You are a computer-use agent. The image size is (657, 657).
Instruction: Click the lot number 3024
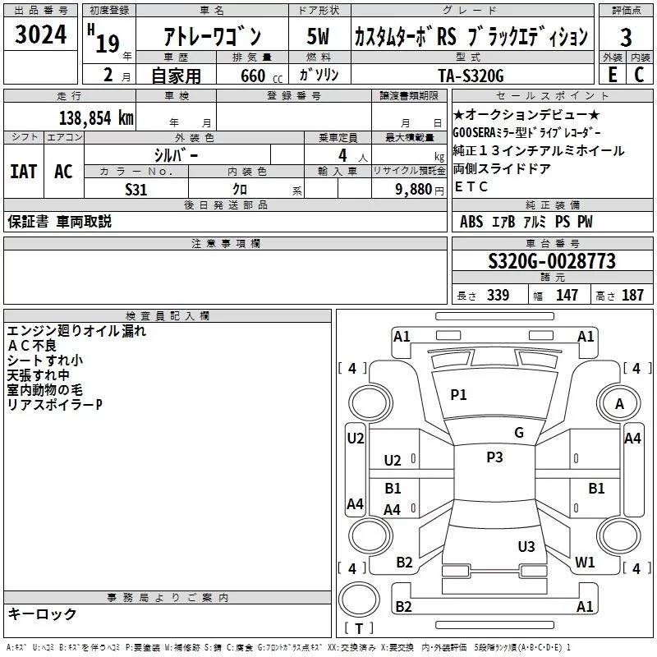(x=40, y=37)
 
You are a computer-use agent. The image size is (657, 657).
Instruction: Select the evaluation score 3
(x=626, y=37)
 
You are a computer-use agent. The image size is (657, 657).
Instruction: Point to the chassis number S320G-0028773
(x=551, y=262)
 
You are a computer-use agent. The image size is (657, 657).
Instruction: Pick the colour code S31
(x=136, y=188)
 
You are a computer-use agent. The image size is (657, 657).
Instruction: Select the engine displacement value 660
(x=253, y=76)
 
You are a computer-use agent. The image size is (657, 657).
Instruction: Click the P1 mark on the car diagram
(x=458, y=395)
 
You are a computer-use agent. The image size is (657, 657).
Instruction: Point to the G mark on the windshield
(x=519, y=433)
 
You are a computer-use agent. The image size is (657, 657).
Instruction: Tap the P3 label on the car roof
(x=494, y=457)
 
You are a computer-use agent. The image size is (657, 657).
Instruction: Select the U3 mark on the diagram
(x=526, y=546)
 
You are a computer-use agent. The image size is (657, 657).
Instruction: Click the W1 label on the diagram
(x=585, y=563)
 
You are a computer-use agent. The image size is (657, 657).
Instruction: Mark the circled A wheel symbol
(x=619, y=404)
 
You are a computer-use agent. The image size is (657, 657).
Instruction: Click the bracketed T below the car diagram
(x=359, y=630)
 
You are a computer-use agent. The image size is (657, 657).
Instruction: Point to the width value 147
(x=567, y=296)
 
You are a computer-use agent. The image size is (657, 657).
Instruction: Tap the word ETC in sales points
(x=471, y=186)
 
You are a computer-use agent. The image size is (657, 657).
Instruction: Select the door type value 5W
(x=318, y=37)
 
